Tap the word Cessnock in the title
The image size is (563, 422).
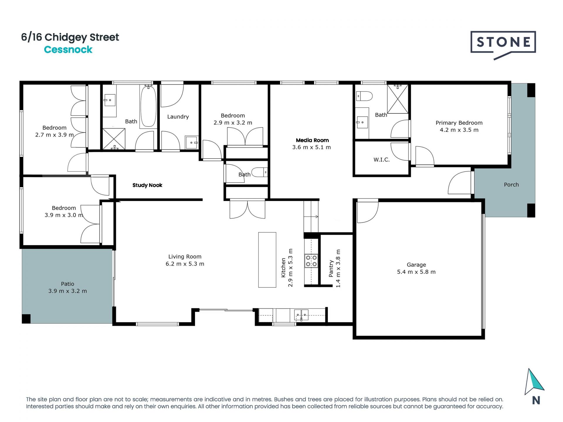(x=68, y=50)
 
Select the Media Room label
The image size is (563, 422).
(x=312, y=140)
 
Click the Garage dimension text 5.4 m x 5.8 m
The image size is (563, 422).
(x=416, y=272)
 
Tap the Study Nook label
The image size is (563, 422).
(x=147, y=185)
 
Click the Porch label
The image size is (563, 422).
(x=511, y=185)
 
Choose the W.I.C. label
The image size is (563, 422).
(x=381, y=160)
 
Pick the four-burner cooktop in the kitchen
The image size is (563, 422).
(x=311, y=261)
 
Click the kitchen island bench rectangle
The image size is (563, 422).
(x=267, y=260)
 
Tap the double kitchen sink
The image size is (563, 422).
(x=301, y=315)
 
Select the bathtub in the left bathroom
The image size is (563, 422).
(x=148, y=106)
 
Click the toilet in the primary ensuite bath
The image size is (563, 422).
(x=364, y=96)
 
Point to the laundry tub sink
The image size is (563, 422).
(x=191, y=142)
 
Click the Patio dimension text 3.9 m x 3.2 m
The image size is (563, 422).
(x=67, y=291)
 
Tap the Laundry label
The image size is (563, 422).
(x=178, y=117)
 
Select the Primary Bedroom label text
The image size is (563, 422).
(x=459, y=123)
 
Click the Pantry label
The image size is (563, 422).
(x=331, y=268)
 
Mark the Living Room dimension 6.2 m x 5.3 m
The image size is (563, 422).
(x=185, y=264)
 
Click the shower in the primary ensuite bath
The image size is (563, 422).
(x=398, y=99)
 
